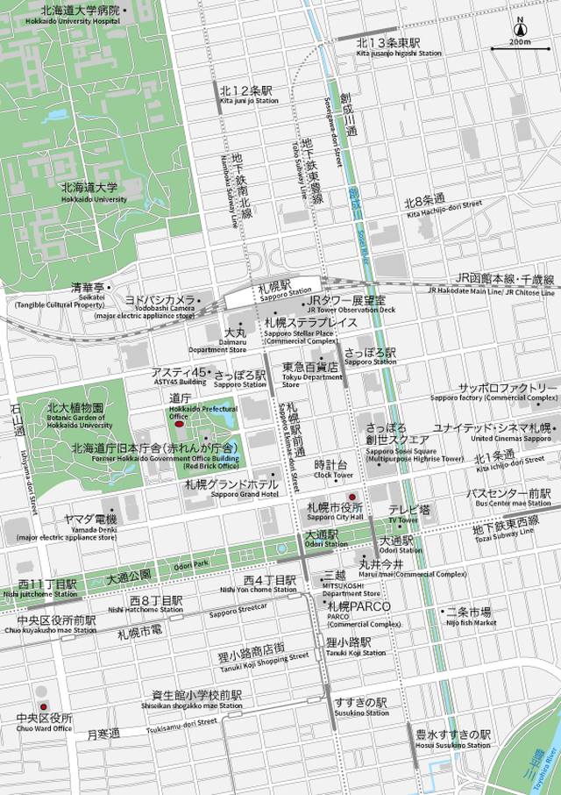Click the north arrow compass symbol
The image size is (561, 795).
pos(520,27)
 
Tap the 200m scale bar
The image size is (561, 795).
pos(520,47)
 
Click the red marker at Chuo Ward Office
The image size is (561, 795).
pos(43,706)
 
